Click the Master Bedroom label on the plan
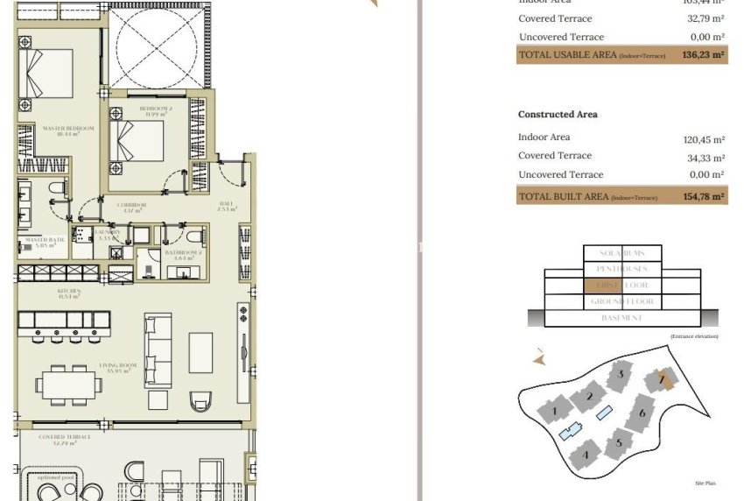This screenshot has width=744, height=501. click(x=61, y=131)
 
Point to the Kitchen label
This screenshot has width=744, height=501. click(x=69, y=293)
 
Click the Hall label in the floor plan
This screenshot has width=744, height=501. click(x=225, y=207)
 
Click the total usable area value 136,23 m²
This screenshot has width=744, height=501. click(x=704, y=54)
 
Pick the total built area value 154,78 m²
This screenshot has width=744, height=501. click(x=704, y=197)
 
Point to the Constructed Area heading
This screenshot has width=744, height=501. click(x=558, y=115)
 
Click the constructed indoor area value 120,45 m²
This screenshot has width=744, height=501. click(x=704, y=139)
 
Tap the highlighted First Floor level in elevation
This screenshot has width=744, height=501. click(x=622, y=286)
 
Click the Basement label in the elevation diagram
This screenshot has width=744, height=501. click(x=622, y=318)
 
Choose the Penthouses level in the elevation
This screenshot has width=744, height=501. click(x=622, y=269)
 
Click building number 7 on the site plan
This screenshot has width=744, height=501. click(x=663, y=380)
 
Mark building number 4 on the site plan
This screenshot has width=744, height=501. click(x=585, y=454)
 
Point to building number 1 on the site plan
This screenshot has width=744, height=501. click(x=553, y=409)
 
